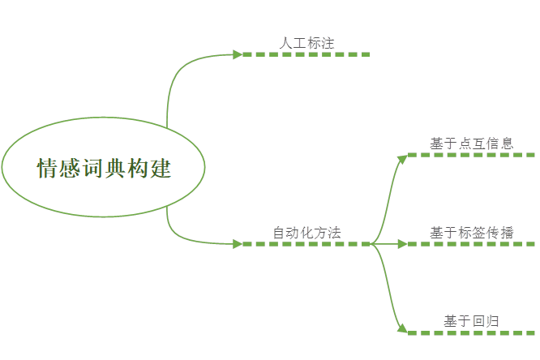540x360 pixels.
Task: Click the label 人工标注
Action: pyautogui.click(x=306, y=43)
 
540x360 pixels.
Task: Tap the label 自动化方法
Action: pyautogui.click(x=306, y=233)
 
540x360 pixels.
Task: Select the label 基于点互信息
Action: pyautogui.click(x=471, y=144)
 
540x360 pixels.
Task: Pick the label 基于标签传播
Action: pyautogui.click(x=471, y=233)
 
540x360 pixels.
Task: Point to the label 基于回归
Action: pyautogui.click(x=471, y=321)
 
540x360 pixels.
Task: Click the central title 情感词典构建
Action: pyautogui.click(x=104, y=168)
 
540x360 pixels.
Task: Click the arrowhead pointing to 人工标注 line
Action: pyautogui.click(x=238, y=54)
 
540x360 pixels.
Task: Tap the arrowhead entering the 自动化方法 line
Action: pyautogui.click(x=238, y=244)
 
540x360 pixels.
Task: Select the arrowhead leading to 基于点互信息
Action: pyautogui.click(x=403, y=159)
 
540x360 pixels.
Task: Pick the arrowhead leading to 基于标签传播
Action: pyautogui.click(x=403, y=244)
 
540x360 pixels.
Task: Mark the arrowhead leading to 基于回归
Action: pyautogui.click(x=403, y=329)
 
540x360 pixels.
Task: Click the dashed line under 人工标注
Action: pyautogui.click(x=306, y=54)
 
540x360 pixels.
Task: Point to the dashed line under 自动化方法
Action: pyautogui.click(x=306, y=244)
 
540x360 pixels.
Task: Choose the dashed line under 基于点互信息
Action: pyautogui.click(x=471, y=155)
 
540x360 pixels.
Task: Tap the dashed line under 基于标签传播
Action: pyautogui.click(x=471, y=244)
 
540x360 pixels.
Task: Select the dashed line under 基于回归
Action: pyautogui.click(x=471, y=332)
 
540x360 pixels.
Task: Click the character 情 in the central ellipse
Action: pyautogui.click(x=47, y=168)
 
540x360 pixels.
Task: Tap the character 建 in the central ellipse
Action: pyautogui.click(x=161, y=168)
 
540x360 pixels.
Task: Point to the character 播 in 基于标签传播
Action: pyautogui.click(x=507, y=233)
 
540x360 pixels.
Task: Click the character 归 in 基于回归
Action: pyautogui.click(x=492, y=321)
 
